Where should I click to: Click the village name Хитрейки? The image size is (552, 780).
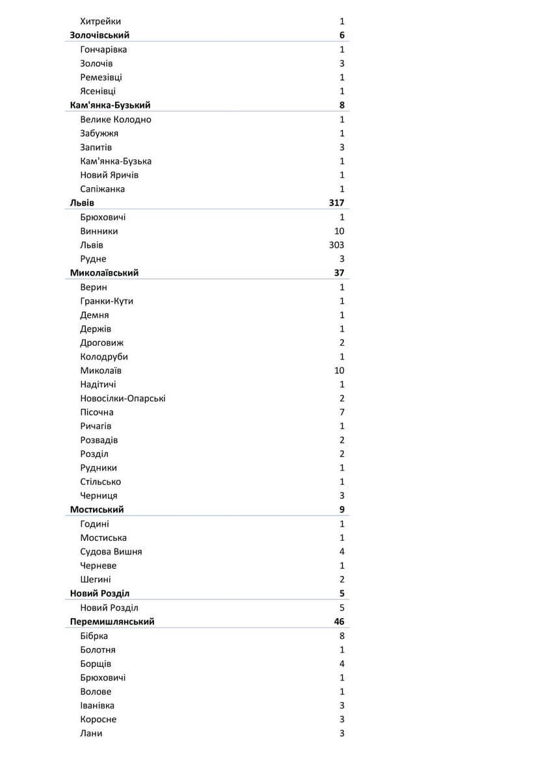(100, 21)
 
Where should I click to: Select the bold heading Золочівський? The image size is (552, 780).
(99, 35)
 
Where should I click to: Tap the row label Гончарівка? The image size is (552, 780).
(103, 49)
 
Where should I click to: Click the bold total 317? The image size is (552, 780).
(336, 203)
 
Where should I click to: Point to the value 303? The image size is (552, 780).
(336, 245)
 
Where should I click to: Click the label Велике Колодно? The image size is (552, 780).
(116, 120)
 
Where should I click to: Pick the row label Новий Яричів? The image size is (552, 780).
(109, 175)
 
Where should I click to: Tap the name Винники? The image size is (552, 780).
(99, 231)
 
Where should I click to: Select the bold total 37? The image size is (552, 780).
(339, 273)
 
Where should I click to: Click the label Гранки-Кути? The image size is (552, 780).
(107, 301)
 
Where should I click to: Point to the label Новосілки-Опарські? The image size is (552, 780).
(122, 398)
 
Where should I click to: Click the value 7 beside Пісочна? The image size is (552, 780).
(342, 413)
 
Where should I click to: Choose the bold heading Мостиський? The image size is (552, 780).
(97, 510)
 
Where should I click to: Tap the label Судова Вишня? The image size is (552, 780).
(111, 552)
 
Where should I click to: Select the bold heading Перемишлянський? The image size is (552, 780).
(112, 622)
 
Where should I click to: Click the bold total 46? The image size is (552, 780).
(339, 622)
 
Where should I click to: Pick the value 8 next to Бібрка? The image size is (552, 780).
(342, 636)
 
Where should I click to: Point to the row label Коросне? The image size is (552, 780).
(98, 720)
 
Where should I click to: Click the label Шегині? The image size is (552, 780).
(96, 580)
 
